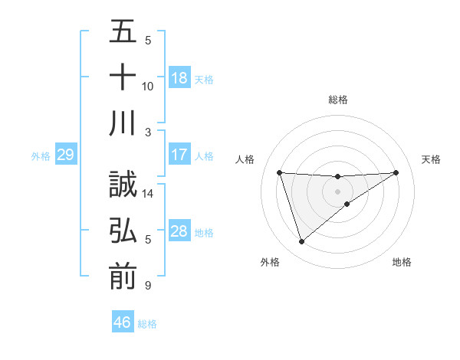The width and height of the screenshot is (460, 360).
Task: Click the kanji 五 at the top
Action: click(x=123, y=32)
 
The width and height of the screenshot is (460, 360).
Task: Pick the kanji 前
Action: click(x=123, y=277)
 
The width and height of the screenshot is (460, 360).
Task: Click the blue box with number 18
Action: click(x=179, y=78)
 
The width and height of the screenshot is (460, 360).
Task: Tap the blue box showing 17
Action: click(x=179, y=155)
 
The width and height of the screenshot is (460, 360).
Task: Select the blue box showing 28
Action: click(x=179, y=231)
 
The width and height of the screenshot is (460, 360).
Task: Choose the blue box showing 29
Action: click(x=65, y=155)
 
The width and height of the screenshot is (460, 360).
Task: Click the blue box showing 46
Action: click(x=123, y=322)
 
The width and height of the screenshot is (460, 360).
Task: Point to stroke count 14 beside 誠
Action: click(x=148, y=195)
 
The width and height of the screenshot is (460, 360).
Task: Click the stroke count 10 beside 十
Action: click(x=148, y=86)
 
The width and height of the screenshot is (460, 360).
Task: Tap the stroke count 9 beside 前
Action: click(x=148, y=286)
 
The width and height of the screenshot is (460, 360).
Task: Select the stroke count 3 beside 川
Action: click(x=148, y=132)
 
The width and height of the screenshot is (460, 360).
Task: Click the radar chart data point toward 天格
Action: click(x=396, y=172)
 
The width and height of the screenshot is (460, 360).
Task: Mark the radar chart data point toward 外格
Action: click(x=301, y=242)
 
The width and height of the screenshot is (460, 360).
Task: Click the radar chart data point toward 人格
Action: click(x=280, y=172)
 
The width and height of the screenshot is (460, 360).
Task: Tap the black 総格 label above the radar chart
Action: click(x=337, y=100)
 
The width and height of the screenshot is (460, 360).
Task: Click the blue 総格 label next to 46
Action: click(x=147, y=324)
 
